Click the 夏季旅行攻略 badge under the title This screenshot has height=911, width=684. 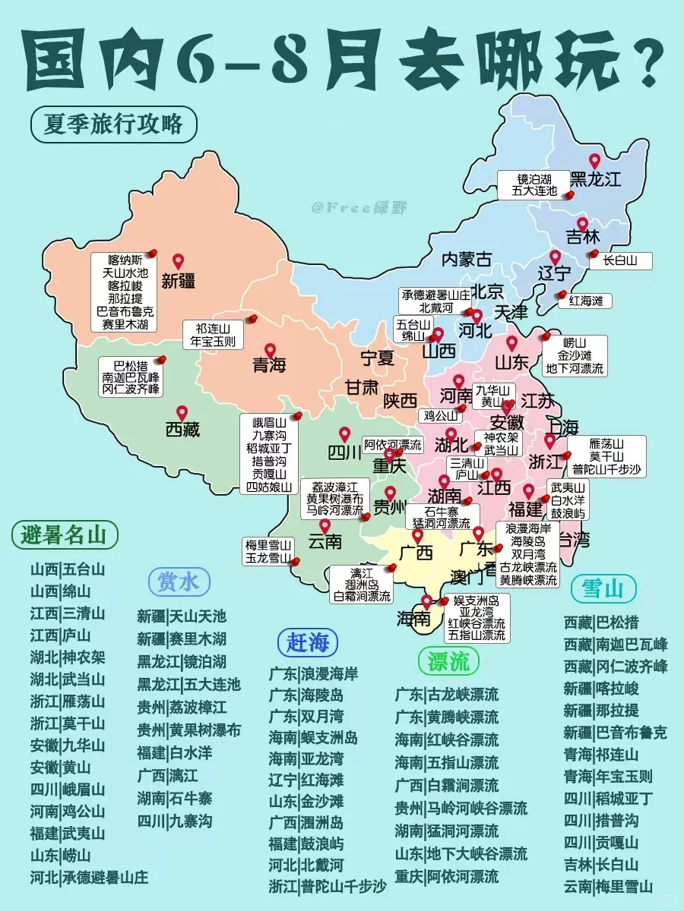coord(113,124)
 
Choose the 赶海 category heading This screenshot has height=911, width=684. coord(307,642)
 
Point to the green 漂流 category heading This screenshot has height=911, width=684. coord(448,660)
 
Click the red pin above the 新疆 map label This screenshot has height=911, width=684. coord(178,261)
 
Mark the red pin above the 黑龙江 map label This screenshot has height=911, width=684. coord(595,161)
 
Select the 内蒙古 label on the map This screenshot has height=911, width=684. coord(466,259)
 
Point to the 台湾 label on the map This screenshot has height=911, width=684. coord(574,540)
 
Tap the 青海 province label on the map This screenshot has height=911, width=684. coord(269,365)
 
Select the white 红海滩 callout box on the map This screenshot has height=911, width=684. coord(585,301)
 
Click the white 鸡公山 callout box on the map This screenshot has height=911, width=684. coord(440,416)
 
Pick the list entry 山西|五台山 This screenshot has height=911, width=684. coord(68,569)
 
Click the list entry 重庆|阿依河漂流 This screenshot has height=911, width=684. coord(446,876)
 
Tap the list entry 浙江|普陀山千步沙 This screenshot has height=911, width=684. coord(328,886)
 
